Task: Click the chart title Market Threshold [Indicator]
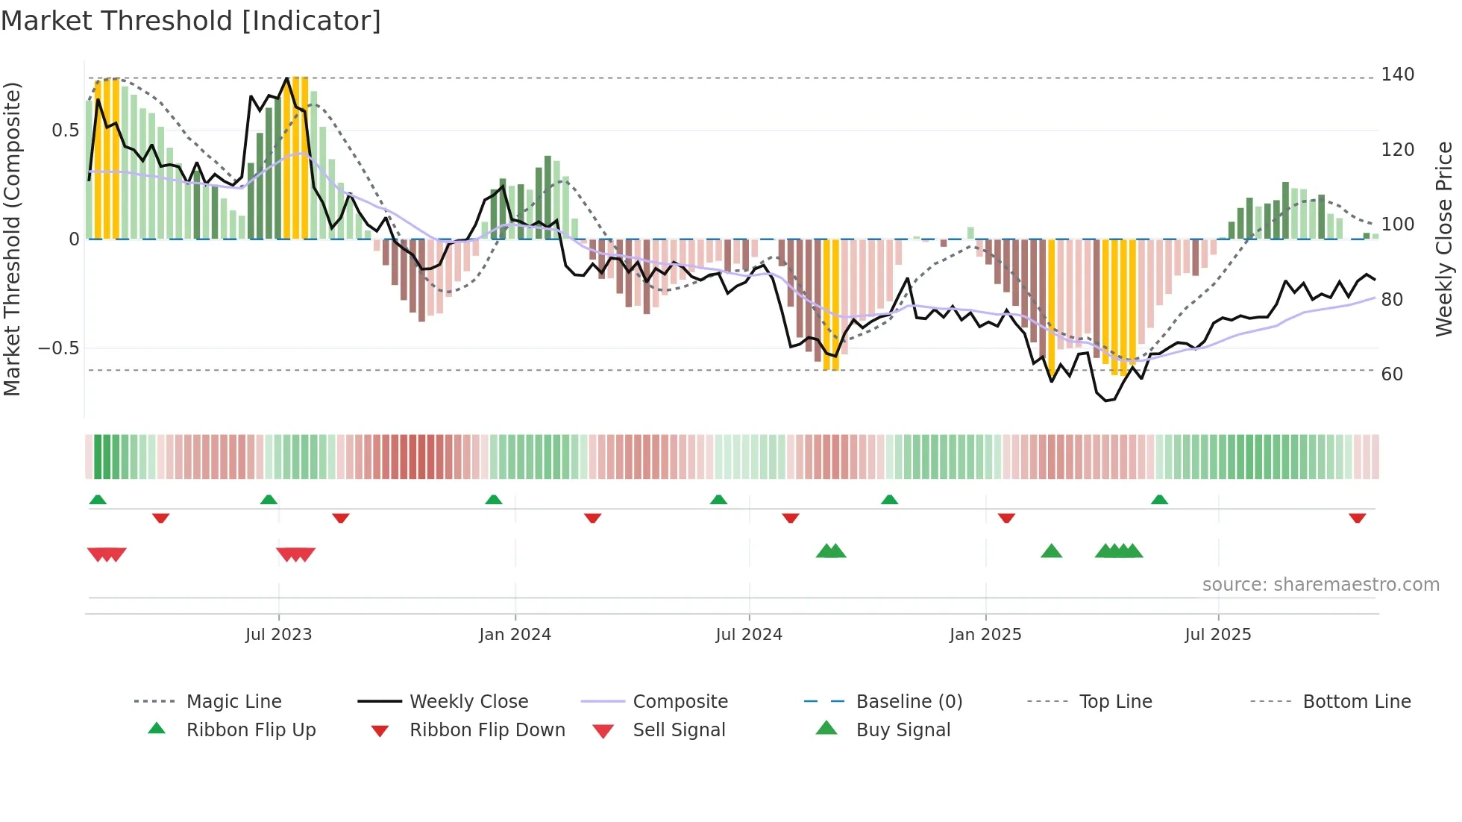click(191, 21)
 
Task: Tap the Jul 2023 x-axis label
click(278, 635)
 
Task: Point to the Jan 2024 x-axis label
click(515, 635)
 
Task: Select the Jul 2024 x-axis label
click(749, 635)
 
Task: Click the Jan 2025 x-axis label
click(985, 635)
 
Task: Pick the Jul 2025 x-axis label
click(1218, 635)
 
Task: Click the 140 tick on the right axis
click(1397, 75)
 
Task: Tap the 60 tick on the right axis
click(1392, 374)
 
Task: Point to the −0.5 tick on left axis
click(58, 348)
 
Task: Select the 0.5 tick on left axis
click(65, 131)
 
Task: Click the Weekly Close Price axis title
click(1444, 239)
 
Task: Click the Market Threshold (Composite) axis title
click(12, 239)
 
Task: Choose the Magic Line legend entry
click(233, 702)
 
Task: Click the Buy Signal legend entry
click(903, 730)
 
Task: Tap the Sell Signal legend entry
click(679, 730)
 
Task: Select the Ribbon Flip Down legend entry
click(487, 730)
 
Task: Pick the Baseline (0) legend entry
click(909, 702)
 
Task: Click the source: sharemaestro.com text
click(1320, 585)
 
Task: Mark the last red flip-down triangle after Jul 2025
click(1357, 518)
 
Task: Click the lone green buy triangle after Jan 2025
click(1051, 552)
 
